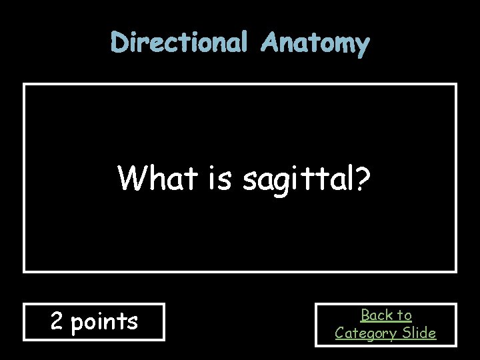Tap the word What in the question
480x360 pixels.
point(153,178)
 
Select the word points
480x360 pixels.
point(104,323)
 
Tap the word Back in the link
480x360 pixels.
point(377,315)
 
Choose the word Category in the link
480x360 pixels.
point(365,333)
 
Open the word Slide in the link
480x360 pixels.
point(418,333)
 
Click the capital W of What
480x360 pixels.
point(130,178)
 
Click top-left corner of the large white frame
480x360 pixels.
point(25,85)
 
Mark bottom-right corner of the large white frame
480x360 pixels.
point(455,271)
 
